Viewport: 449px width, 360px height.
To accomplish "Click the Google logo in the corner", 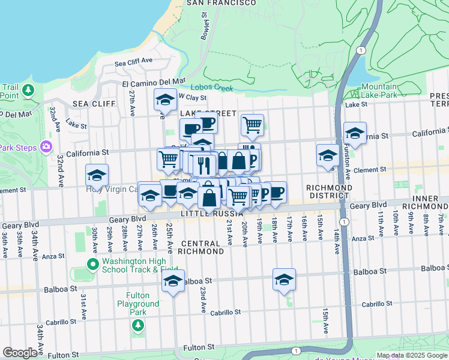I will click(20, 353).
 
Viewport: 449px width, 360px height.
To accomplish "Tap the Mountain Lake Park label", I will click(379, 91).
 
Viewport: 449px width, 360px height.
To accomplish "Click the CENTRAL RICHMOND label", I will click(202, 247).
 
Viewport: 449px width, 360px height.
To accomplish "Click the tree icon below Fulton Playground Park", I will click(138, 325).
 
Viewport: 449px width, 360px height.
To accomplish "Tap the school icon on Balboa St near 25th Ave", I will click(173, 281).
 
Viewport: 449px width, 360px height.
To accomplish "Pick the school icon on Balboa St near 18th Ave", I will click(284, 279).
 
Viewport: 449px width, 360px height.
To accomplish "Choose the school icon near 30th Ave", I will click(97, 175).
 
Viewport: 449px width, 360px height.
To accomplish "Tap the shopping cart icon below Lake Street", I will click(252, 125).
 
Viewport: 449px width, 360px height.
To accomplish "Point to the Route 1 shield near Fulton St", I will click(295, 350).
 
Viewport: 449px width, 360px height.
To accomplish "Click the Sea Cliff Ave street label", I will click(134, 61).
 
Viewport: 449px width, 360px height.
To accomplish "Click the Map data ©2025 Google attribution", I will click(411, 355).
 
